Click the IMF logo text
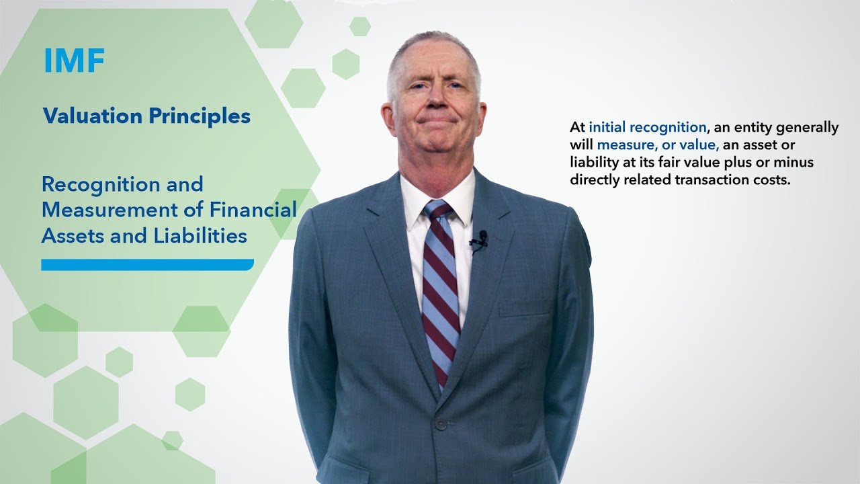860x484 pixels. (75, 61)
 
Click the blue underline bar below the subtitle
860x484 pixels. (147, 265)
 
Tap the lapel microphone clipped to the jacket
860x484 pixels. (480, 239)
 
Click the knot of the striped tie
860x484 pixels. (438, 210)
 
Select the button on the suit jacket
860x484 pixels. (441, 424)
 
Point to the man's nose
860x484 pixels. (434, 99)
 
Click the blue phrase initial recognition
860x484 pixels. (648, 128)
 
